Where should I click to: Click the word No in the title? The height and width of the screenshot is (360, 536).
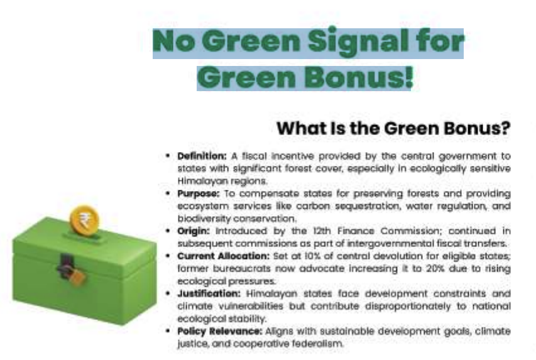[173, 43]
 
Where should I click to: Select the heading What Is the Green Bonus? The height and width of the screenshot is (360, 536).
[393, 128]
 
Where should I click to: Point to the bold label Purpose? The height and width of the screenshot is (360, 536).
[197, 194]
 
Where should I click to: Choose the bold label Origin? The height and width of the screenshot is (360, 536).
[193, 231]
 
